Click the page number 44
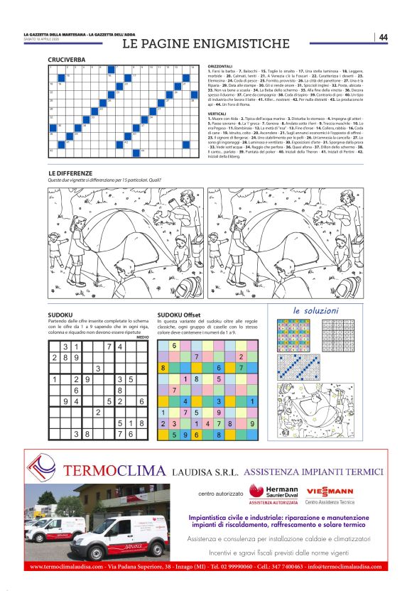click(383, 37)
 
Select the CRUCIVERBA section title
click(66, 60)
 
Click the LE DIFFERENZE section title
click(70, 173)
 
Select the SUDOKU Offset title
click(178, 315)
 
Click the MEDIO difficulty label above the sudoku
click(142, 337)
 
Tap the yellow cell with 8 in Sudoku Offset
click(163, 368)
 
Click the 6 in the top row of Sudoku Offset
click(174, 345)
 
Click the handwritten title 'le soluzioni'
click(316, 310)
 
